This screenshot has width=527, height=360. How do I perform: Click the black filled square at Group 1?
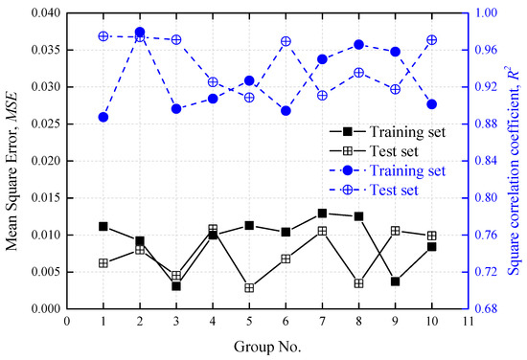coord(103,227)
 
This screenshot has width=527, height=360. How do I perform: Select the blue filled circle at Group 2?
coord(140,32)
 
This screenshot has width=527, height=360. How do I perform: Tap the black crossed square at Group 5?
coord(249,287)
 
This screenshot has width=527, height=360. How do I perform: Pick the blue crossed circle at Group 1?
coord(103,36)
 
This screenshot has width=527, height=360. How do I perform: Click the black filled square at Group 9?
coord(395,281)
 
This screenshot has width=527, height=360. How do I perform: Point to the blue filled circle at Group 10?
coord(431,104)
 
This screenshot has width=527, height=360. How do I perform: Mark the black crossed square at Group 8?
coord(358,283)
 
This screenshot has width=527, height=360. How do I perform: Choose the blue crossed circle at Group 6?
coord(286,42)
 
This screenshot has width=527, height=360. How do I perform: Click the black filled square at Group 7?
coord(322,214)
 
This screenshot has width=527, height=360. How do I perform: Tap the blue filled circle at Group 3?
coord(176,109)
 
